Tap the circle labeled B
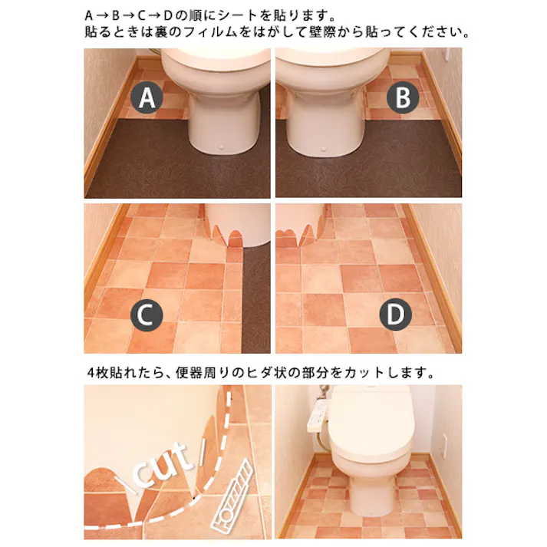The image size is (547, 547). [x=403, y=98]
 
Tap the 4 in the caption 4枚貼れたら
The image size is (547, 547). [x=91, y=374]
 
